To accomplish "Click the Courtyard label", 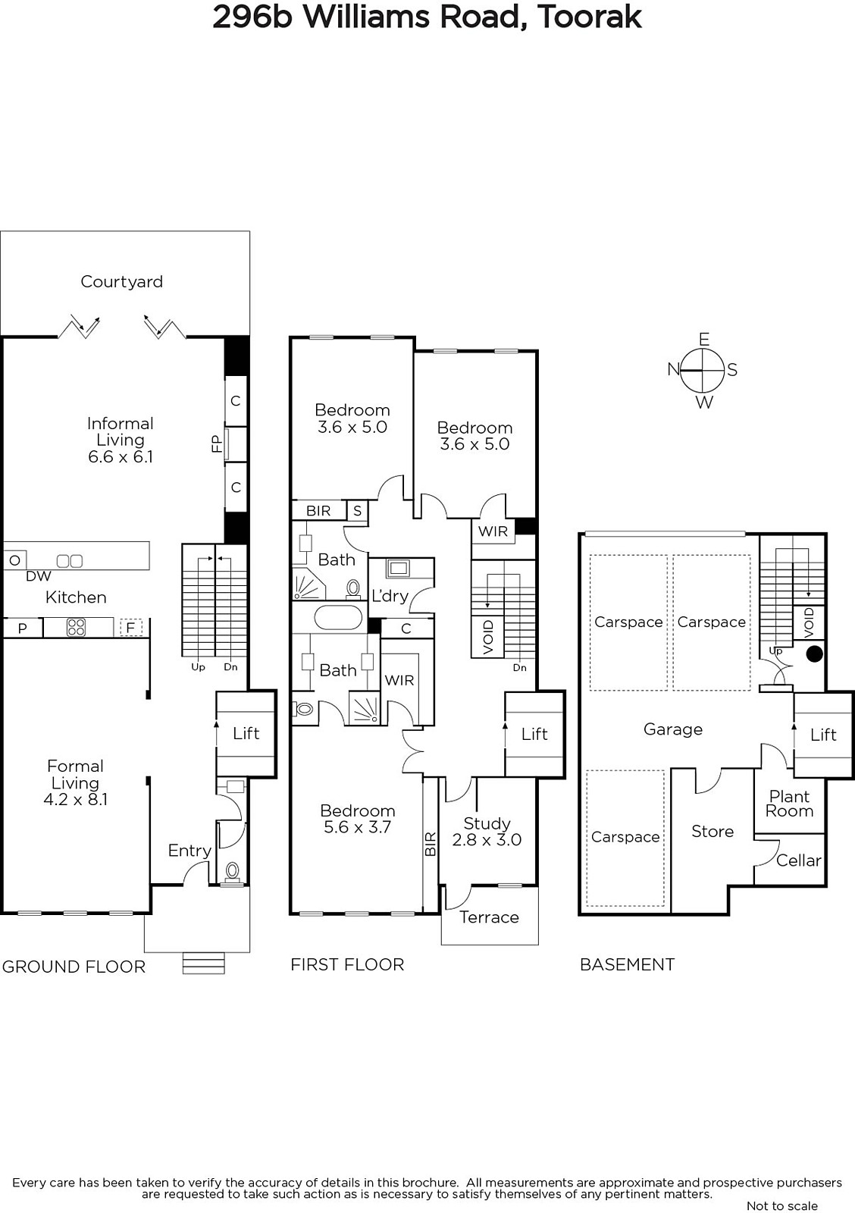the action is [121, 281].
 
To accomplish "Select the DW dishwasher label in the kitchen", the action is [39, 576].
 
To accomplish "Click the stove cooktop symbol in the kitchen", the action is [77, 628].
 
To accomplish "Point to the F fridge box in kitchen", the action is [130, 628].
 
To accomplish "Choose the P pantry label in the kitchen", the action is [22, 628].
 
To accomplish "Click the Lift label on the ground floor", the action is [246, 733].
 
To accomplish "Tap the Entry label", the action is [189, 851].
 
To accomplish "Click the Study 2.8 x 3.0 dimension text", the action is [487, 839].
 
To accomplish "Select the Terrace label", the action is [489, 917].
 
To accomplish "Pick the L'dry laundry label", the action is [390, 596].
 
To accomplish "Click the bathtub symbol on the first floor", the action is [338, 617].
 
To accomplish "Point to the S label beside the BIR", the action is [357, 511].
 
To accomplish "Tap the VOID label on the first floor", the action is [488, 637].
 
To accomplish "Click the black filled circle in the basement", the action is [814, 654].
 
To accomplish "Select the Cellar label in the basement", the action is [799, 860].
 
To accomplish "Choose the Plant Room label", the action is [790, 804].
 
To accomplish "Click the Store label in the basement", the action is [712, 831].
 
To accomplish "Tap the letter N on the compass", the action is [673, 368].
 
